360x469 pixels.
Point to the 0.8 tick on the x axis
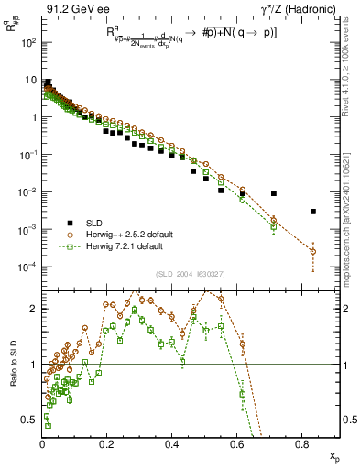302,444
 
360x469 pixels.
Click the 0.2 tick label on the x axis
107,444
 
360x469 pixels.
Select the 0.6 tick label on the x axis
237,444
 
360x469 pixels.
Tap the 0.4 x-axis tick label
172,444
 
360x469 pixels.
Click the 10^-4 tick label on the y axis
27,267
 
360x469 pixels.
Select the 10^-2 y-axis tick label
27,192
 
